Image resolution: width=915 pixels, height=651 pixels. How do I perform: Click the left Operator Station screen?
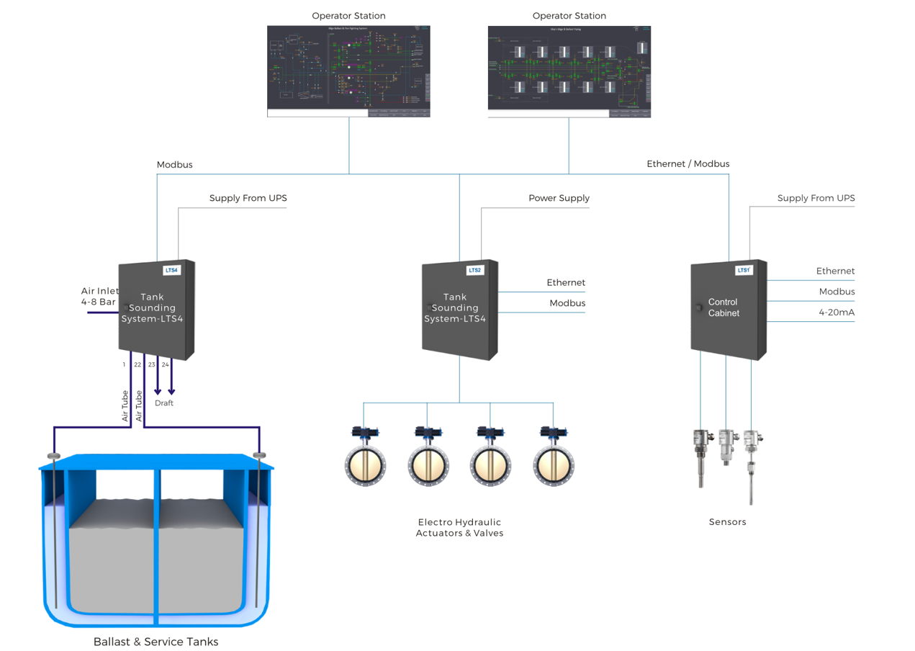point(348,71)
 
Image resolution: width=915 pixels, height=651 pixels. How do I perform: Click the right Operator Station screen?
point(569,71)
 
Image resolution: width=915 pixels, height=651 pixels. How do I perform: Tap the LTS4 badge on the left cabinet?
point(171,271)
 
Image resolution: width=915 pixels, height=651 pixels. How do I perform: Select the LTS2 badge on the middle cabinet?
point(474,271)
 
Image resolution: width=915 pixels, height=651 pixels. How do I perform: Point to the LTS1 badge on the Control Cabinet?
point(744,271)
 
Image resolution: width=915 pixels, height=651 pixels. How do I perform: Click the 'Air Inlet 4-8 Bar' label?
point(99,297)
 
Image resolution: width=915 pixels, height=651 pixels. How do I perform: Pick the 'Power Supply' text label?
point(559,198)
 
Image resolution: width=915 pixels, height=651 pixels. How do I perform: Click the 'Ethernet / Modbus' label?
point(688,164)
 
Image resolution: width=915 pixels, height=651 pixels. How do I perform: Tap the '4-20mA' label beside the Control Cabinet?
point(836,313)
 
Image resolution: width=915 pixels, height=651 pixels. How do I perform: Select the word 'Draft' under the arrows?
point(164,403)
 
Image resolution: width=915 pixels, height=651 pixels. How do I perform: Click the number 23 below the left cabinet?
point(151,365)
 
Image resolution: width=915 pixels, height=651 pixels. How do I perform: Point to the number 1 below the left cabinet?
point(124,365)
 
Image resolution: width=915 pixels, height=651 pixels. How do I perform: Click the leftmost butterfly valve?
point(366,465)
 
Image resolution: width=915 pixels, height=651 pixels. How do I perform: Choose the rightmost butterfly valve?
point(554,465)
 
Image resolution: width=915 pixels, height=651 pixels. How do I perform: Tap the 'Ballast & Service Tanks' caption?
point(155,642)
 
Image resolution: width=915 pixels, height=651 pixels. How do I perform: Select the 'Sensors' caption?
point(727,522)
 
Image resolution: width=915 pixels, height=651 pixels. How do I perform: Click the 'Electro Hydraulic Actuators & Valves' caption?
point(459,528)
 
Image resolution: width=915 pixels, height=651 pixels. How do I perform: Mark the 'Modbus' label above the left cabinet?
point(174,165)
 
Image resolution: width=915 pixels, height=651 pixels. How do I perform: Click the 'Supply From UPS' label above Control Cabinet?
point(816,198)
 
